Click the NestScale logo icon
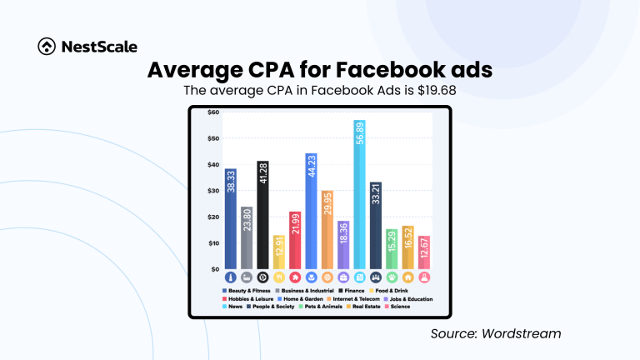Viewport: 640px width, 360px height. [x=47, y=47]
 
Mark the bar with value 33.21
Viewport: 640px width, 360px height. [x=375, y=225]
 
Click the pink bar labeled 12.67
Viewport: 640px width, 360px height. [x=423, y=252]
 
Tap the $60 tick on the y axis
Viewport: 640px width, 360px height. [x=202, y=112]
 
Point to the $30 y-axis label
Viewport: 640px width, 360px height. [x=202, y=191]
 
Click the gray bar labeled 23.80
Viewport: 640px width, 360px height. [x=246, y=237]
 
